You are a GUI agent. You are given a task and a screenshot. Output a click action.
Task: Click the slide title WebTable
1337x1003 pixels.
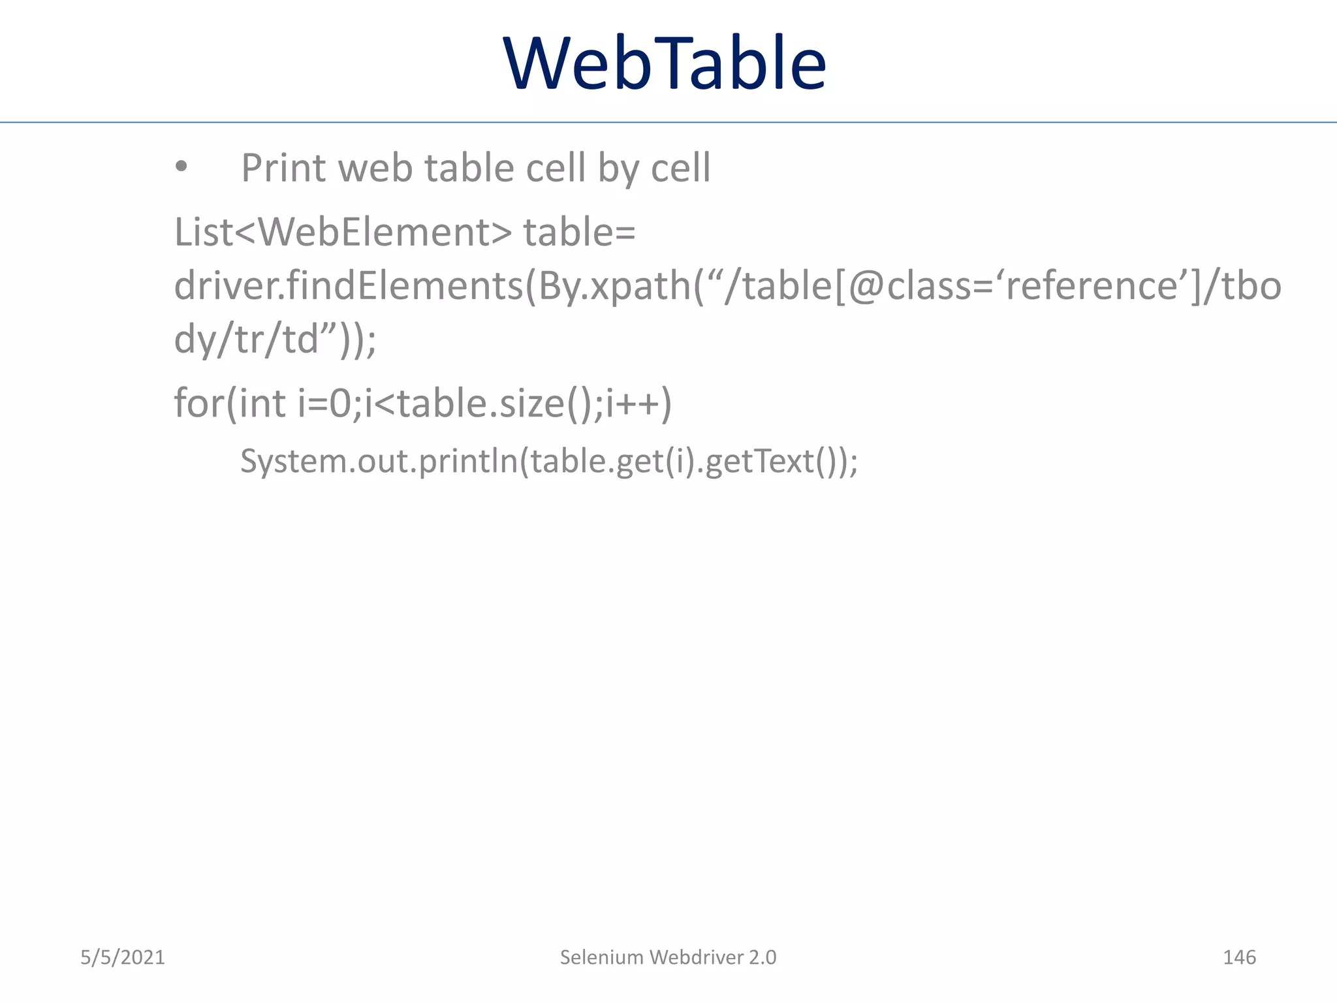[665, 63]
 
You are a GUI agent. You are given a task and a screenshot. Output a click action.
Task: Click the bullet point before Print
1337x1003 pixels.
[181, 168]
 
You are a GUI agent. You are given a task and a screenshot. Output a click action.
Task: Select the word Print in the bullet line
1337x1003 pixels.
[283, 168]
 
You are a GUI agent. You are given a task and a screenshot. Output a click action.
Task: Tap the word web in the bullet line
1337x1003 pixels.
[375, 168]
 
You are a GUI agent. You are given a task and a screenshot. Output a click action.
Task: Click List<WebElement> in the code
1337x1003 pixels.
[343, 232]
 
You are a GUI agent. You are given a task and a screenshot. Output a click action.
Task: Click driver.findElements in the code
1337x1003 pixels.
[349, 286]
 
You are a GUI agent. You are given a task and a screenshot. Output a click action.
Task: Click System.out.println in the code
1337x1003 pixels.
[379, 461]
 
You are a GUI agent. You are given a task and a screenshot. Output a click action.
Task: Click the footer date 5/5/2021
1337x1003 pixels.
[123, 957]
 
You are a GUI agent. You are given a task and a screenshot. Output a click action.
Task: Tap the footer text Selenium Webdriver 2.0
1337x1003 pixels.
[668, 957]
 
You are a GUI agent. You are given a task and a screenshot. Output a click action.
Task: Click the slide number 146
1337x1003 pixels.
[1239, 957]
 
